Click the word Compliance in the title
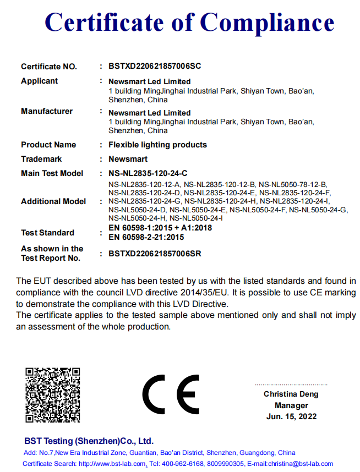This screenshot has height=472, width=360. (x=267, y=23)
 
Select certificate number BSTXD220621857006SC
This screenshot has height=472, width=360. (x=155, y=67)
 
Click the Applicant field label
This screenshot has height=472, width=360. (x=39, y=81)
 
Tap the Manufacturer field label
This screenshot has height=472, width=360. (x=47, y=111)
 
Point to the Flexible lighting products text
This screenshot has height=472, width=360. (x=157, y=145)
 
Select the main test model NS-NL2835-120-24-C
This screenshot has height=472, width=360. (x=148, y=173)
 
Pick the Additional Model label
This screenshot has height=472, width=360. (x=53, y=201)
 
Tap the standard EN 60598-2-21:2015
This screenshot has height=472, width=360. (x=146, y=237)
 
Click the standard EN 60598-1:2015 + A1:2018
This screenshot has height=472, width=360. (x=160, y=228)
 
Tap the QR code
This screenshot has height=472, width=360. (x=53, y=394)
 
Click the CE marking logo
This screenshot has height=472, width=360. (x=170, y=394)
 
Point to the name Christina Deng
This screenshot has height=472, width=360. (x=291, y=394)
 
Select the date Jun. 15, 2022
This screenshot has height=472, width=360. (x=291, y=416)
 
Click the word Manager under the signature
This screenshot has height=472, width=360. (x=291, y=405)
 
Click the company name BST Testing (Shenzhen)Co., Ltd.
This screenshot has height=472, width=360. (x=89, y=441)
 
